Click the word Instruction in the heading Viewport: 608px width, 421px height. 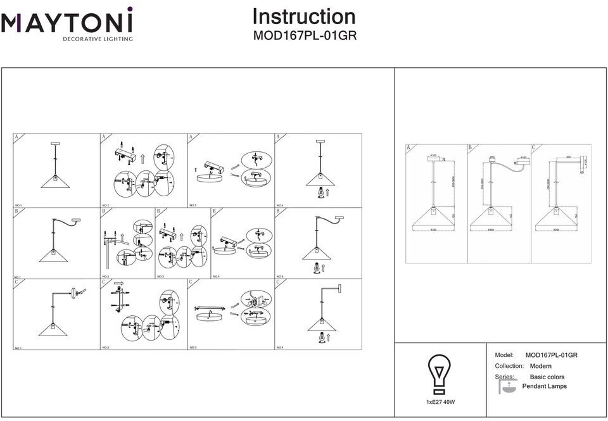click(x=304, y=16)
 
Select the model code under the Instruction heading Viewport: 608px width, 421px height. click(x=305, y=35)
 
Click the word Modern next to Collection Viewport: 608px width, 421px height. click(x=541, y=366)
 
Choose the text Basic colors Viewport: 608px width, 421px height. click(x=547, y=377)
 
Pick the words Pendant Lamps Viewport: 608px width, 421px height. click(x=545, y=386)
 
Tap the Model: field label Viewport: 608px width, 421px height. click(x=503, y=355)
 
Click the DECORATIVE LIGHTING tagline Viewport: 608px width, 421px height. click(x=97, y=39)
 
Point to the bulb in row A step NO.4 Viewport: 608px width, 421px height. click(x=320, y=191)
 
